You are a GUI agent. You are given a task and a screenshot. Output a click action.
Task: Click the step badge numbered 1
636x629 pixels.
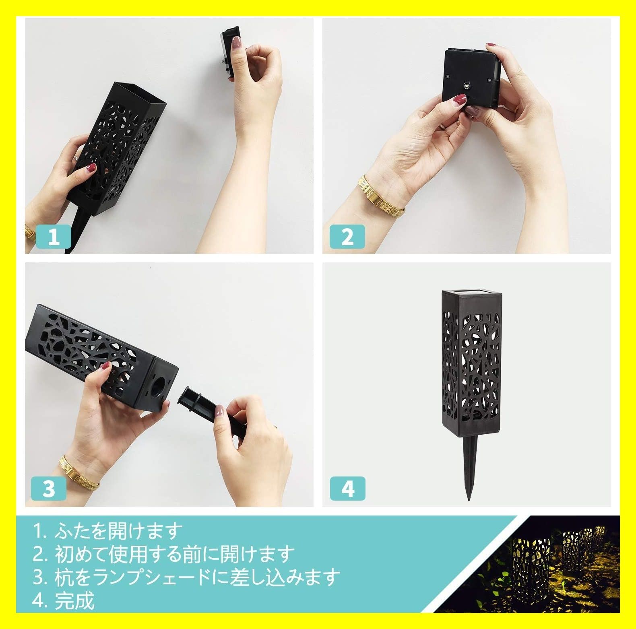(x=54, y=236)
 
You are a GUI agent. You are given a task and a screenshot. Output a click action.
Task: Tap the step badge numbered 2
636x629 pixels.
(x=347, y=236)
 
